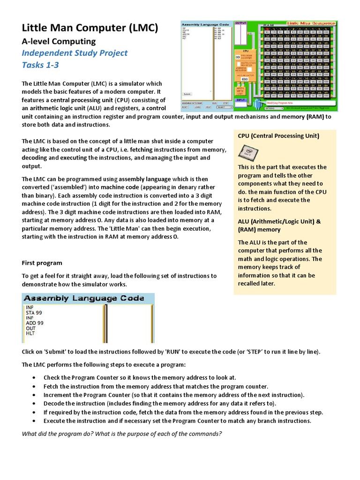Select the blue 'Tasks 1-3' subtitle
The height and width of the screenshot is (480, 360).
(x=40, y=65)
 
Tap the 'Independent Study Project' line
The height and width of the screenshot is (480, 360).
(x=75, y=53)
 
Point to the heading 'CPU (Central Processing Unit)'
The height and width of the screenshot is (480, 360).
(x=278, y=136)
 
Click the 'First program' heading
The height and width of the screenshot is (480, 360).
(x=42, y=262)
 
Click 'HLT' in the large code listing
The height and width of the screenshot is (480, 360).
(x=30, y=333)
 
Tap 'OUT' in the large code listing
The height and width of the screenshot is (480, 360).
(x=30, y=328)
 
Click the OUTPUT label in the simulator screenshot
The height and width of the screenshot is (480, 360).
(x=240, y=22)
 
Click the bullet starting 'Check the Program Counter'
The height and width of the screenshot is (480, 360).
(x=140, y=377)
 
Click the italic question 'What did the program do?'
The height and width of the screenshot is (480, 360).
(x=122, y=433)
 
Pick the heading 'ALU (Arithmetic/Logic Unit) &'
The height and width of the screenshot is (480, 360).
(x=279, y=221)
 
